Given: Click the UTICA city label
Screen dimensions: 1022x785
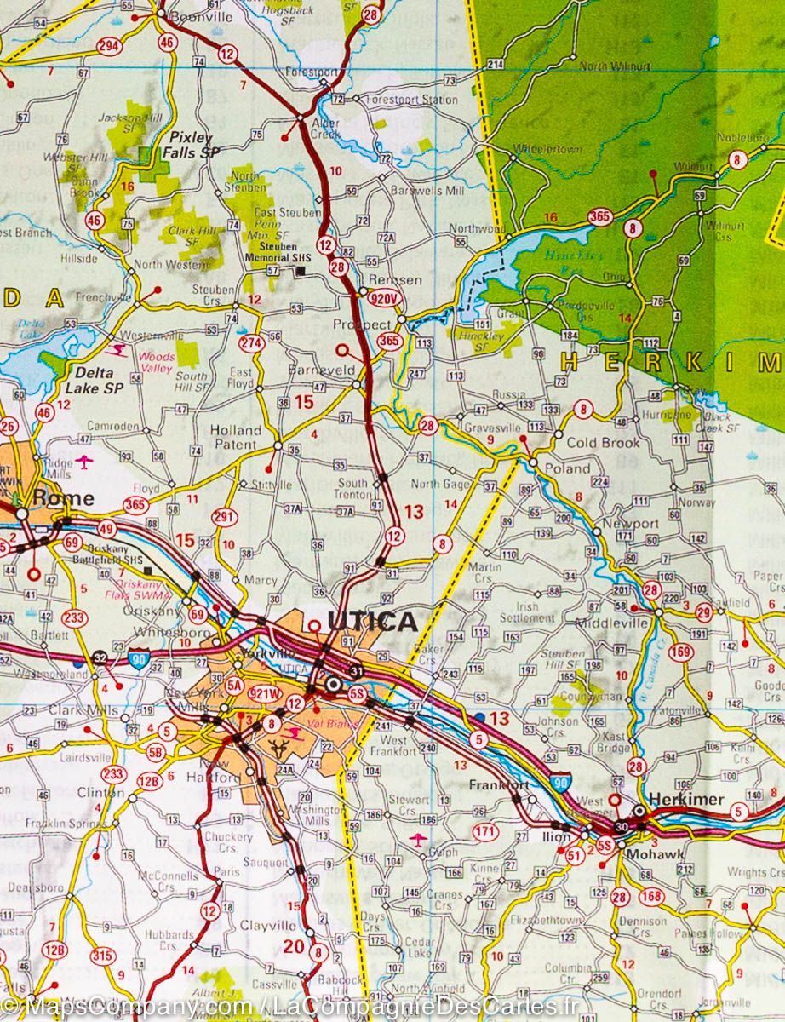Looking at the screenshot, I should click(372, 622).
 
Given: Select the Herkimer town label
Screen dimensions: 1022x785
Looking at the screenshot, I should click(685, 799).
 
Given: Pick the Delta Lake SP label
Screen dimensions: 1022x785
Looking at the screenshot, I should click(100, 381).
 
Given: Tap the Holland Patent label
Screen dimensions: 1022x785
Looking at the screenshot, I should click(235, 437).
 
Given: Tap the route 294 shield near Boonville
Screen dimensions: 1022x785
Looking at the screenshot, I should click(107, 45).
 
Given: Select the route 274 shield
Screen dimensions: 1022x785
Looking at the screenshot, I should click(250, 343).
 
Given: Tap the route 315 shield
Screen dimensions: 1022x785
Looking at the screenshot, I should click(102, 956).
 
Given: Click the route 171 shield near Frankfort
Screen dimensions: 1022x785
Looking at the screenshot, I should click(484, 831).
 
